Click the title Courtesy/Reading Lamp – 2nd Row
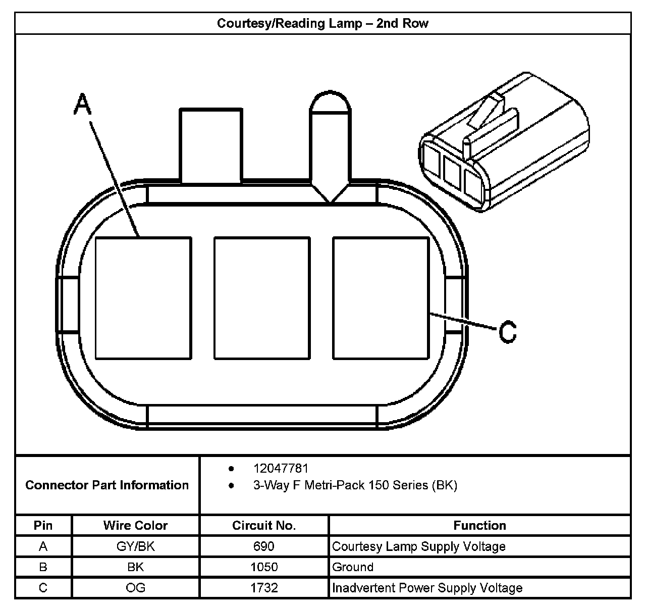(x=322, y=23)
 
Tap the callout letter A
(x=82, y=105)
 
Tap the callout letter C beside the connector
(x=507, y=332)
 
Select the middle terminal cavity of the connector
(x=262, y=298)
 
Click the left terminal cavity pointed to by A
(x=143, y=298)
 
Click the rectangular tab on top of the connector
(x=210, y=145)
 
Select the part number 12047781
(x=281, y=469)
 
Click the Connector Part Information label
(x=107, y=485)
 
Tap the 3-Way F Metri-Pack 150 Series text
(x=355, y=485)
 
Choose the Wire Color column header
(x=135, y=525)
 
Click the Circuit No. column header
(x=264, y=525)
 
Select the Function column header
(x=479, y=525)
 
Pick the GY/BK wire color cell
(x=135, y=546)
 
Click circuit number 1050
(x=264, y=567)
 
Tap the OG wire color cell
(x=135, y=588)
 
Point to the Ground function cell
(x=353, y=567)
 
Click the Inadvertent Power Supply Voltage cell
(x=427, y=588)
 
